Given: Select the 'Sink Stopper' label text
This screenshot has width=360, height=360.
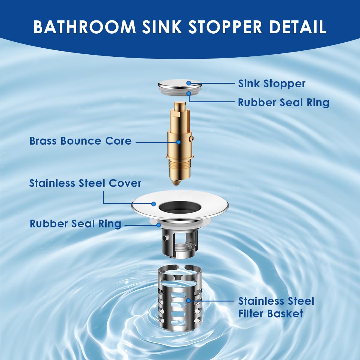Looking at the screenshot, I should (x=272, y=84).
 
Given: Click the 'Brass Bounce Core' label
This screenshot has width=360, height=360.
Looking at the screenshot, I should (x=80, y=141).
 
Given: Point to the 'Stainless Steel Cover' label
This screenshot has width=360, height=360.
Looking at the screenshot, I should (x=85, y=183).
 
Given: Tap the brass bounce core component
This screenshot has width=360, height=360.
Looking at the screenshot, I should (x=179, y=135).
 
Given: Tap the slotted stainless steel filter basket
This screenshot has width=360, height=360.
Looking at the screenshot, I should (x=179, y=300).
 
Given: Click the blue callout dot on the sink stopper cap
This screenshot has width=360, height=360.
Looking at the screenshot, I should (x=188, y=83).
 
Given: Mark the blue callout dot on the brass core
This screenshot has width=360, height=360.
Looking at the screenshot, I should (x=178, y=142).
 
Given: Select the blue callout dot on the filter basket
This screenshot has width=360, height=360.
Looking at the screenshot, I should (x=188, y=300).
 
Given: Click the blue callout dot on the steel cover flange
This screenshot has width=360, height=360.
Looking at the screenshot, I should (x=154, y=204).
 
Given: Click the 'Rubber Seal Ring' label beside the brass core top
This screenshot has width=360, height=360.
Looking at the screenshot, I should (x=283, y=103).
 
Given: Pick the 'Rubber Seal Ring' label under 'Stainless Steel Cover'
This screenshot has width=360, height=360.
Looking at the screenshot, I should (x=75, y=224).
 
